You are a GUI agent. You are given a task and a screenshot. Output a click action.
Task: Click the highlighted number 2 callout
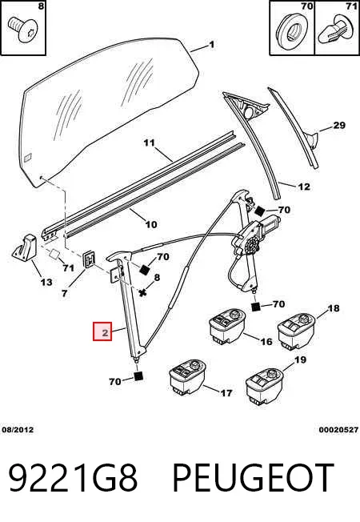(x=102, y=331)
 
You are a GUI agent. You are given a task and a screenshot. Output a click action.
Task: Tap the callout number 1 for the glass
(x=212, y=44)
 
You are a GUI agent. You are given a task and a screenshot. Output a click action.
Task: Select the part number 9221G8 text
(x=73, y=478)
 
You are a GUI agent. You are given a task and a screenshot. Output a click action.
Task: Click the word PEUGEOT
(x=253, y=478)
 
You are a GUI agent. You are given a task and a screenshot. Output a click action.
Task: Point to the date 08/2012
(x=18, y=430)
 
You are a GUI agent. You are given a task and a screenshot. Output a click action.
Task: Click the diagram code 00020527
(x=338, y=430)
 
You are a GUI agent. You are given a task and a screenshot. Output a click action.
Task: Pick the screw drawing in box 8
(x=24, y=30)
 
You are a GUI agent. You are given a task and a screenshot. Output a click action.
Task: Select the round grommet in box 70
(x=292, y=29)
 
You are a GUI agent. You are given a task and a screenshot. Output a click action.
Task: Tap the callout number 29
(x=339, y=126)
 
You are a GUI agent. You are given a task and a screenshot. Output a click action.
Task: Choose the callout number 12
(x=304, y=187)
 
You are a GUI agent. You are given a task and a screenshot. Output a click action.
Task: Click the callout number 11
(x=150, y=143)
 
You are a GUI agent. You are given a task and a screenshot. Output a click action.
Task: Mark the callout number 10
(x=151, y=224)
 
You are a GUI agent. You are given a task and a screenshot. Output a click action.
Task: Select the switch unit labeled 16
(x=227, y=326)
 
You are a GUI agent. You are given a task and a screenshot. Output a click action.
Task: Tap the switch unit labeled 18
(x=296, y=331)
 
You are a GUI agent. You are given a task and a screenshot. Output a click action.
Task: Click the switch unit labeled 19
(x=265, y=386)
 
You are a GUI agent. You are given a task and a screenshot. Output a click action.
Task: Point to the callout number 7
(x=64, y=293)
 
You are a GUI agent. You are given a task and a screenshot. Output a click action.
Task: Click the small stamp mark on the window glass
(x=28, y=156)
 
